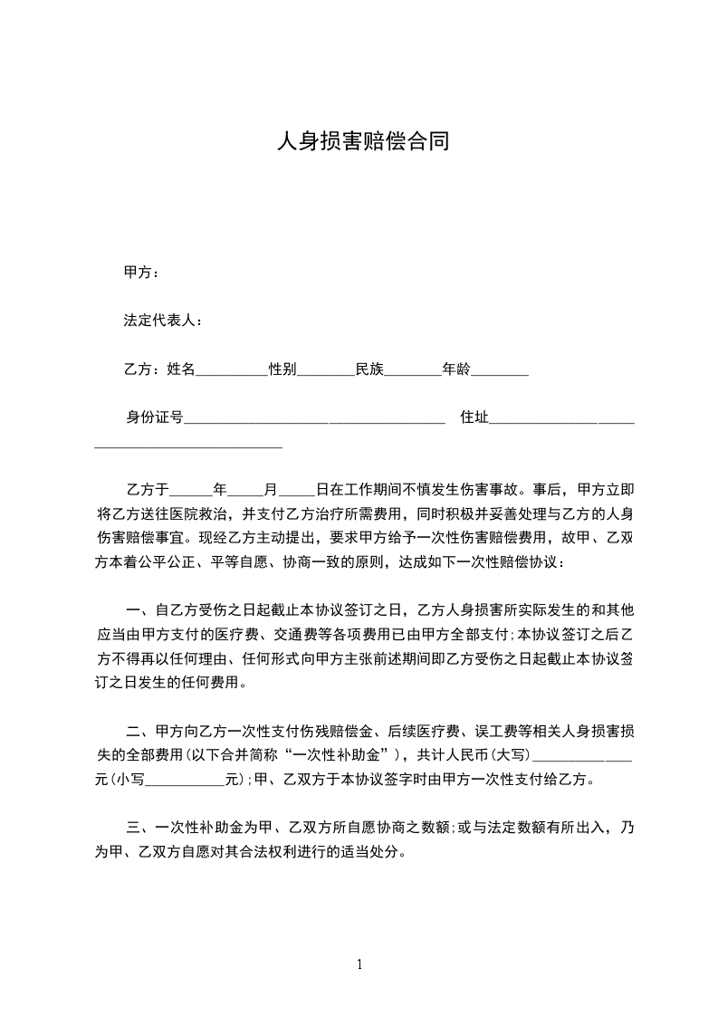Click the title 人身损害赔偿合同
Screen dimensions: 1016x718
pos(362,142)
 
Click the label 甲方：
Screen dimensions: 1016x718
pos(142,273)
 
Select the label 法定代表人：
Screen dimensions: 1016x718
pos(163,321)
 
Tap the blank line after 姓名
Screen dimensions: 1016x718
pos(232,370)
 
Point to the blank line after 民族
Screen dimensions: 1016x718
pos(413,370)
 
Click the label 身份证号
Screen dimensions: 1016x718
pos(155,417)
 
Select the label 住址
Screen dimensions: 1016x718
pos(474,417)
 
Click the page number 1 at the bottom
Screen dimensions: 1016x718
pos(359,964)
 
